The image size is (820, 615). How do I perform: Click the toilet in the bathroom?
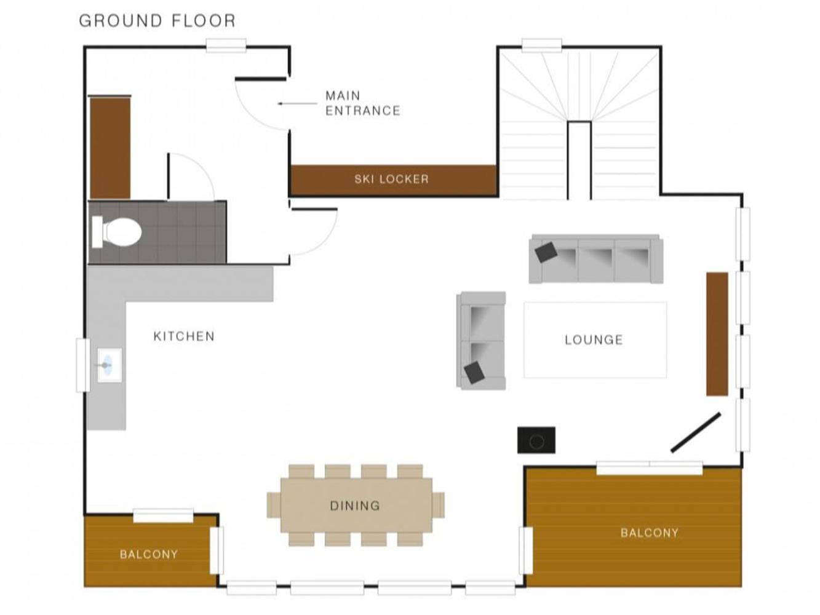click(116, 232)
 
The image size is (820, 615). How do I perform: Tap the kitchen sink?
click(109, 365)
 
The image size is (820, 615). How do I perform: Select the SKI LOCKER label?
click(391, 179)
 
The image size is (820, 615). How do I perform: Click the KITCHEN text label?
click(184, 336)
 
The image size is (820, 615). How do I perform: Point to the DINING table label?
click(355, 506)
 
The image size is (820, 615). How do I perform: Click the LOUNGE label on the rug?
click(594, 340)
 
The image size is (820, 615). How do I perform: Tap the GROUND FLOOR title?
click(157, 20)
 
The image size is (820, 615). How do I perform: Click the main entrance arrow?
click(297, 103)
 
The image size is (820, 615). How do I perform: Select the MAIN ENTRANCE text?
click(363, 103)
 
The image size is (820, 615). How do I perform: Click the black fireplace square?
click(536, 440)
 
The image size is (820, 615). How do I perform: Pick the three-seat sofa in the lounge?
click(596, 259)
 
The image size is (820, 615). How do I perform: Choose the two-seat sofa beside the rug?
click(481, 341)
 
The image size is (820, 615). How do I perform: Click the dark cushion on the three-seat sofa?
click(546, 252)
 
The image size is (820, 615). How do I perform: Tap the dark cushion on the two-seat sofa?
click(474, 372)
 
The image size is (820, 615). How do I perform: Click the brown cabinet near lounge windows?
click(717, 334)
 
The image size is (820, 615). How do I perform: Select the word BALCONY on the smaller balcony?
click(149, 555)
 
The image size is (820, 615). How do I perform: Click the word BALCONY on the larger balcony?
click(649, 533)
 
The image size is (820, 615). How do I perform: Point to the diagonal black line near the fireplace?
click(696, 432)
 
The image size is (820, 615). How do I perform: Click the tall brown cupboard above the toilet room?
click(110, 148)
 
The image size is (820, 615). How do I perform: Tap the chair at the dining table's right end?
click(438, 505)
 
